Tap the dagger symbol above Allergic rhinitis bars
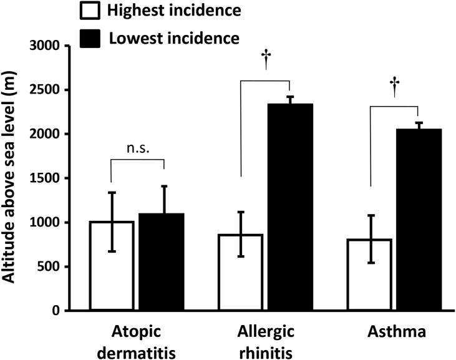click(x=265, y=60)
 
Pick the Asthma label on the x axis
click(x=393, y=331)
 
